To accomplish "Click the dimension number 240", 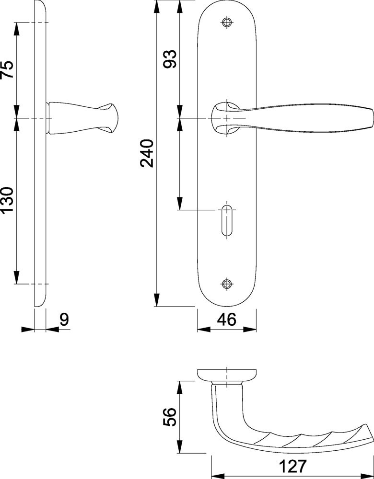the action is tap(147, 153).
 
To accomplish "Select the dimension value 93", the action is tap(170, 59).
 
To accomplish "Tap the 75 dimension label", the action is tap(7, 69).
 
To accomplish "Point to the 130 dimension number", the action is tap(7, 200).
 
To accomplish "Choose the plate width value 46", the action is tap(227, 319).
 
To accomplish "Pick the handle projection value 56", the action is tap(170, 417).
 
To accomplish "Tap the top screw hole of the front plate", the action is tap(227, 23).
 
